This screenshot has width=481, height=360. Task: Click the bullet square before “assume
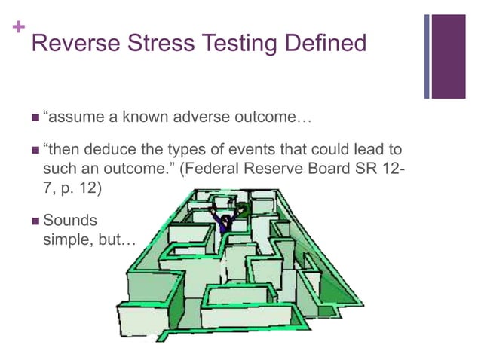click(34, 118)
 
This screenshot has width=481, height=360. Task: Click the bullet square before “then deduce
click(34, 149)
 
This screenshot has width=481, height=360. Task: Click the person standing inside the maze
click(225, 218)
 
